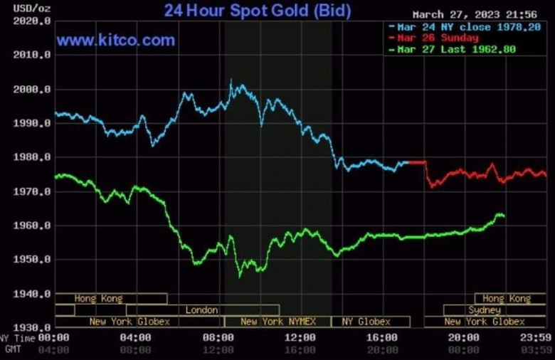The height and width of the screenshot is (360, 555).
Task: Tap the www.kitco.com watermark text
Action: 116,41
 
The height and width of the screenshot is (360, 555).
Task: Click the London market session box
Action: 202,310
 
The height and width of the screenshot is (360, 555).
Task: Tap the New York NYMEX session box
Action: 277,322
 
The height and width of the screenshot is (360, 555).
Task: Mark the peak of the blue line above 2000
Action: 231,80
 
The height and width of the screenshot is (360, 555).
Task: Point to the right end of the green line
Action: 504,216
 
